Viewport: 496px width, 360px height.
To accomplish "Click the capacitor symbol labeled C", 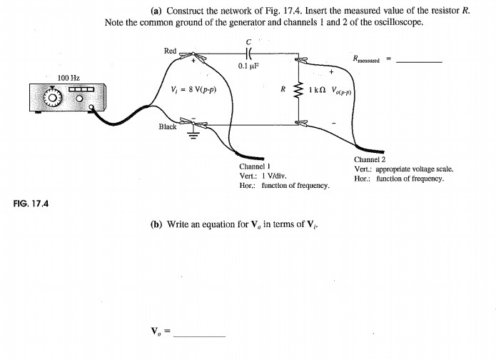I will pos(248,53).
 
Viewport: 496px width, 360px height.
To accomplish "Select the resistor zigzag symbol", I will pos(298,91).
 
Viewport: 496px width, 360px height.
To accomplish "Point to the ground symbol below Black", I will pos(191,134).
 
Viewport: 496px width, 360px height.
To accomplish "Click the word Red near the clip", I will pos(170,51).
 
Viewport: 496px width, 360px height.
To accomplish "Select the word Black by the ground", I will pos(168,126).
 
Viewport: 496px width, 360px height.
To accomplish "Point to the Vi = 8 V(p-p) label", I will pos(194,90).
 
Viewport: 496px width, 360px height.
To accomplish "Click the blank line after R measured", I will pos(419,62).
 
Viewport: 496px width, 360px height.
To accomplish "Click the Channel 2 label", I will pos(371,160).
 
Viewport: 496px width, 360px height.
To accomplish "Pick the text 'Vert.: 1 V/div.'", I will pos(263,176).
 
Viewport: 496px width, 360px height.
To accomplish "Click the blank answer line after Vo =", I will pos(199,336).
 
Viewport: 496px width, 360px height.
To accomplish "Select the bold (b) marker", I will pos(156,224).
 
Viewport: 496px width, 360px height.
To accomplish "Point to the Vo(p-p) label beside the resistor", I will pos(343,93).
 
